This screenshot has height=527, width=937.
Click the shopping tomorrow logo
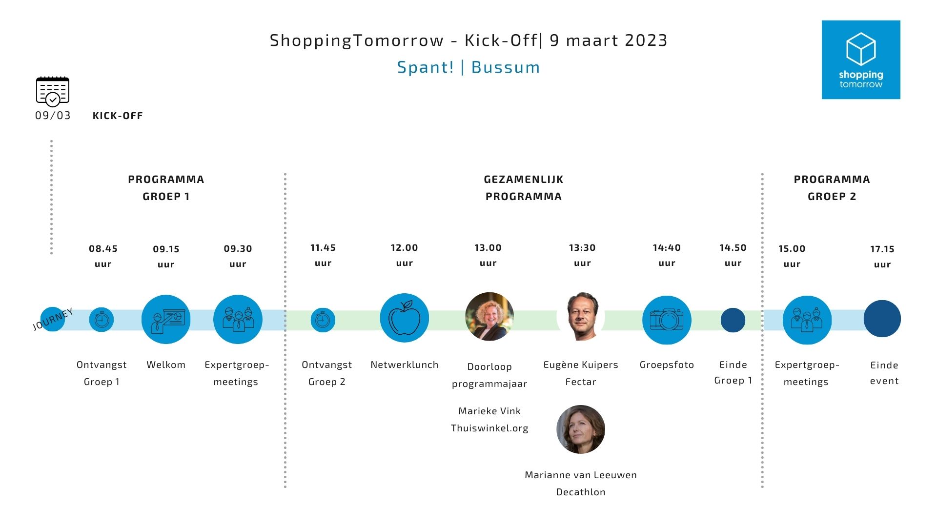[x=861, y=60]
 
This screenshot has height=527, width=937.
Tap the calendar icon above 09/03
[x=53, y=91]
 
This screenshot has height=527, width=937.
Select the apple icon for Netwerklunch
[x=404, y=318]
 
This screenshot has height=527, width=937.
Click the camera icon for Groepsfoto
[x=667, y=320]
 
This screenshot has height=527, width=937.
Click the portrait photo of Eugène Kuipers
[x=581, y=317]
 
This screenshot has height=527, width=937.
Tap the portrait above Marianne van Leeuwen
[x=581, y=429]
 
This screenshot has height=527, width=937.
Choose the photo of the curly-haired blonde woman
[x=489, y=317]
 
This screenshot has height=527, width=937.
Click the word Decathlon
[x=581, y=492]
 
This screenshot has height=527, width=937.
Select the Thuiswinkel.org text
[x=489, y=428]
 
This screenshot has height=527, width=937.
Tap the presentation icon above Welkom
[x=166, y=319]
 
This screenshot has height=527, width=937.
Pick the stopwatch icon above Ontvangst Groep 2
[x=323, y=320]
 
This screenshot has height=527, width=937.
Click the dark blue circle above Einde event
[x=882, y=319]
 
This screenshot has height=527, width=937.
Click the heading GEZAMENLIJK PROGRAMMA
[x=524, y=188]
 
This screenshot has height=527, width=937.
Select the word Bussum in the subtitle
[x=506, y=67]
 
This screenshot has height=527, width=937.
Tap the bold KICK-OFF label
[x=118, y=116]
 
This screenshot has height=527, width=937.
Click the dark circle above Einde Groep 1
[x=733, y=320]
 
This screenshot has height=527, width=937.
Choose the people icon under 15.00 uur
[x=807, y=320]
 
